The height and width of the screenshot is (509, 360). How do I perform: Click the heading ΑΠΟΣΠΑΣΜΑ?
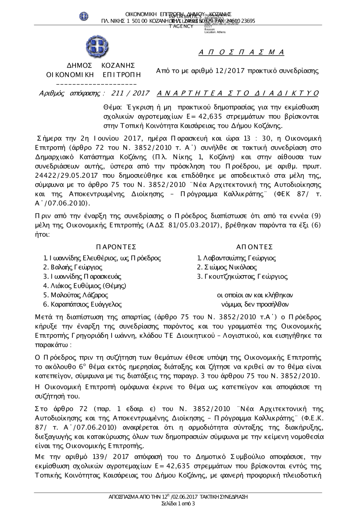pyautogui.click(x=241, y=53)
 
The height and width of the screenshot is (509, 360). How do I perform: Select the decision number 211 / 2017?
pyautogui.click(x=131, y=94)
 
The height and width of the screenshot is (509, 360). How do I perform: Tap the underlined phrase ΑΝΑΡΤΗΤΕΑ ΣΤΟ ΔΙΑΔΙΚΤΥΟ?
pyautogui.click(x=238, y=94)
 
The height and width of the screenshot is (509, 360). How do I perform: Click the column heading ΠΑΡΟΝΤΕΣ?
pyautogui.click(x=116, y=247)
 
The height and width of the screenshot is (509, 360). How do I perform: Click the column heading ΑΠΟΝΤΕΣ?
pyautogui.click(x=255, y=247)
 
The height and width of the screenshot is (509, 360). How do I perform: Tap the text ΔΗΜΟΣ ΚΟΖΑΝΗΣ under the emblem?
pyautogui.click(x=101, y=65)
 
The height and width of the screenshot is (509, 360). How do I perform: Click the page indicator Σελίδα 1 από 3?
pyautogui.click(x=178, y=503)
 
